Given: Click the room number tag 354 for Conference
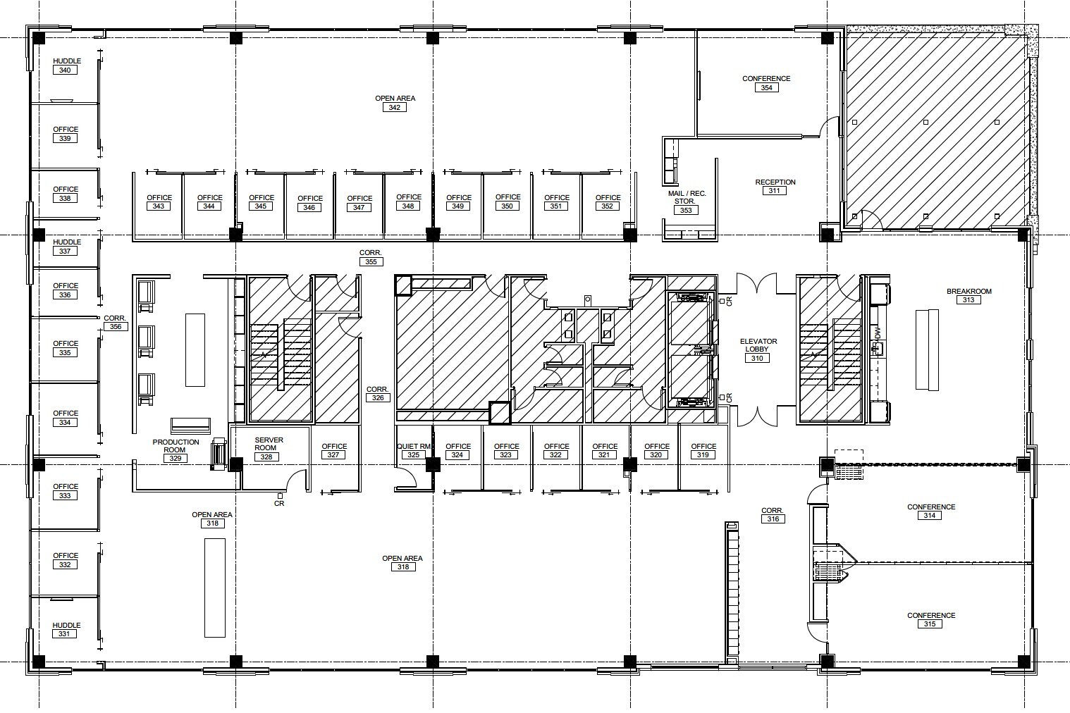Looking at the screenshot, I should pyautogui.click(x=766, y=88).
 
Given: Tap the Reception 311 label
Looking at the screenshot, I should pyautogui.click(x=775, y=187).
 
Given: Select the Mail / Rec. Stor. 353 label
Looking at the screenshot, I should pyautogui.click(x=686, y=201).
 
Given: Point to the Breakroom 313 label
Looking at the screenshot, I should pyautogui.click(x=968, y=296).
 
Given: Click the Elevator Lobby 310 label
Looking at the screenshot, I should pyautogui.click(x=758, y=349).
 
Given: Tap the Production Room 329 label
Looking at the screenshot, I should pyautogui.click(x=175, y=450).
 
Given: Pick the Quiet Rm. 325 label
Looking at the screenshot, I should pyautogui.click(x=414, y=450).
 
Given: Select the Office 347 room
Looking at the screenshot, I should pyautogui.click(x=359, y=203).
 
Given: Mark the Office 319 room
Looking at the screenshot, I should pyautogui.click(x=703, y=450).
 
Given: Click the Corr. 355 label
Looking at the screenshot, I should pyautogui.click(x=371, y=257).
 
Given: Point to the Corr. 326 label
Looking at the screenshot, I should pyautogui.click(x=377, y=394).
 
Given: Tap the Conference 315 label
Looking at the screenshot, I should pyautogui.click(x=930, y=619).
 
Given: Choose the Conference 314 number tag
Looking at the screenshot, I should pyautogui.click(x=930, y=516).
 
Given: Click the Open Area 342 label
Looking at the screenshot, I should pyautogui.click(x=394, y=103).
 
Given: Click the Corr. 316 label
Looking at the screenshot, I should pyautogui.click(x=773, y=515).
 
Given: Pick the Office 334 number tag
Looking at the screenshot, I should pyautogui.click(x=65, y=423).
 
